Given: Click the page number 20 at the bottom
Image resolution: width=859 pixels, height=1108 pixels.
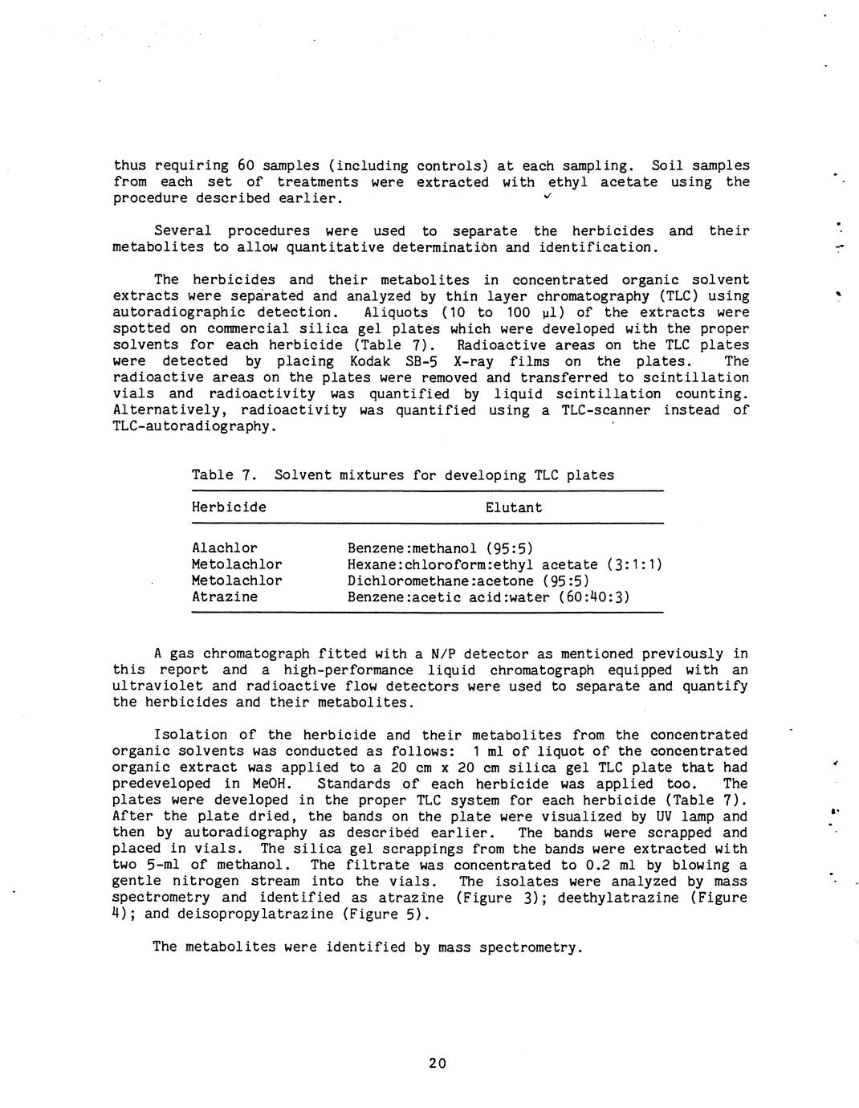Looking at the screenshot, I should (437, 1063).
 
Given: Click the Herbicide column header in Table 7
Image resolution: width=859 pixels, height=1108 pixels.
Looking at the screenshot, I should (229, 507).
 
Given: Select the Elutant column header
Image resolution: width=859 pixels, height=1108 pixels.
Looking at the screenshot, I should (514, 507).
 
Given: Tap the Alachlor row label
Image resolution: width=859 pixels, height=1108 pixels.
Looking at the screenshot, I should (225, 548).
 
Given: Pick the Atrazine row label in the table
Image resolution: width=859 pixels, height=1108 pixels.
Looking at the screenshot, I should (225, 597).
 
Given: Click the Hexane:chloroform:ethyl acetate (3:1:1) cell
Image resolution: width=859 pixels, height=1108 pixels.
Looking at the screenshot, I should (505, 564).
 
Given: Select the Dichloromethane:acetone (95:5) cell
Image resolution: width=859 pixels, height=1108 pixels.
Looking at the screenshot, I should (468, 580).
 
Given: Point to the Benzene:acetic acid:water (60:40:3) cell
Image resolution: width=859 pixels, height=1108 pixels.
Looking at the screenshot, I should (489, 597).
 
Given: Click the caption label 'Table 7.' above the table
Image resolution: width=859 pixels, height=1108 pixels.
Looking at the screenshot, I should (224, 475).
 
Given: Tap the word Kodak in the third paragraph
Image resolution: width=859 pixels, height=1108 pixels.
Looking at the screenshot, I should (371, 361).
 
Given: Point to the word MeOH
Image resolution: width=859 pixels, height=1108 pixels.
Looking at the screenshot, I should (274, 784).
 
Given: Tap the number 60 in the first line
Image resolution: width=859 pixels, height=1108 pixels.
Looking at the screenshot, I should (246, 165).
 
